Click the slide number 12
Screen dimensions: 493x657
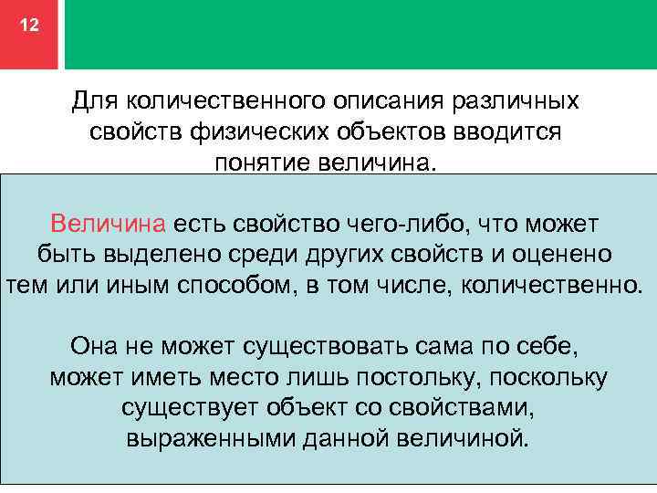pyautogui.click(x=29, y=26)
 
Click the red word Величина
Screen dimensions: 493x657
pyautogui.click(x=108, y=223)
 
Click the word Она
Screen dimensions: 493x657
pyautogui.click(x=93, y=347)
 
